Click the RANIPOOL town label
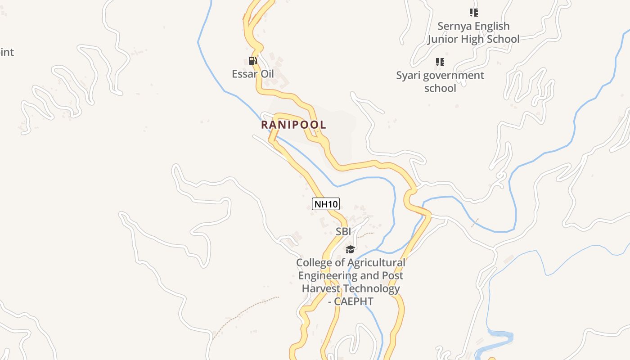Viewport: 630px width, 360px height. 293,125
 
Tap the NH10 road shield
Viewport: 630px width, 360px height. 325,204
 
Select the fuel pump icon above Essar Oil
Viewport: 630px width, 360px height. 253,61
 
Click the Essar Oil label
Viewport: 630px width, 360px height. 252,74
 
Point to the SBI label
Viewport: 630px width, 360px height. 343,232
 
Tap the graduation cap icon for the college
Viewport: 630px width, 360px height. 350,249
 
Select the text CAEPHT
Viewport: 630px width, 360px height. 354,301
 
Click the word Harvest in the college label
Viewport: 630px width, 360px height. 319,288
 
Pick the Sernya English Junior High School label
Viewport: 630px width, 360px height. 473,33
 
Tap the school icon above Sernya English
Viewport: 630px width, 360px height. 473,13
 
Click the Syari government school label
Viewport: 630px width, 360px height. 440,81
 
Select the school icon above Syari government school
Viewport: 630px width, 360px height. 440,62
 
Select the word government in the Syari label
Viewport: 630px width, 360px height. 453,75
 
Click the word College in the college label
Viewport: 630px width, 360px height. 313,262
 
